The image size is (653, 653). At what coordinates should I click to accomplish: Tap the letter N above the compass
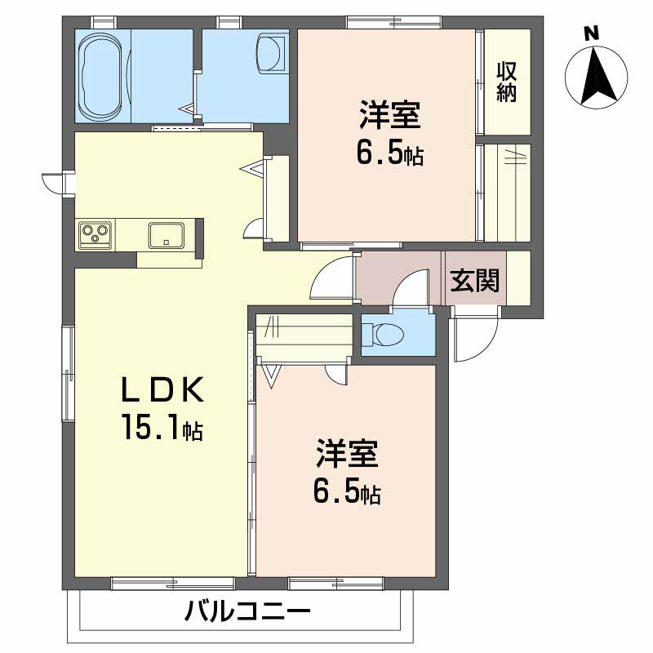(x=593, y=33)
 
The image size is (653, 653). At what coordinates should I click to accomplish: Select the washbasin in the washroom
(x=271, y=54)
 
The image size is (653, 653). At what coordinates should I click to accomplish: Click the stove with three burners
(x=96, y=236)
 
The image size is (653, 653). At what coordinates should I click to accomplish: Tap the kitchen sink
(x=167, y=235)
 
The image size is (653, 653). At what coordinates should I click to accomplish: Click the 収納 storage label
(x=507, y=81)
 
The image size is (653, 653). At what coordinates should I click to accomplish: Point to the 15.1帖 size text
(x=162, y=427)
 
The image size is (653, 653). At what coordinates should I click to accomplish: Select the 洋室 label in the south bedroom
(x=348, y=454)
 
